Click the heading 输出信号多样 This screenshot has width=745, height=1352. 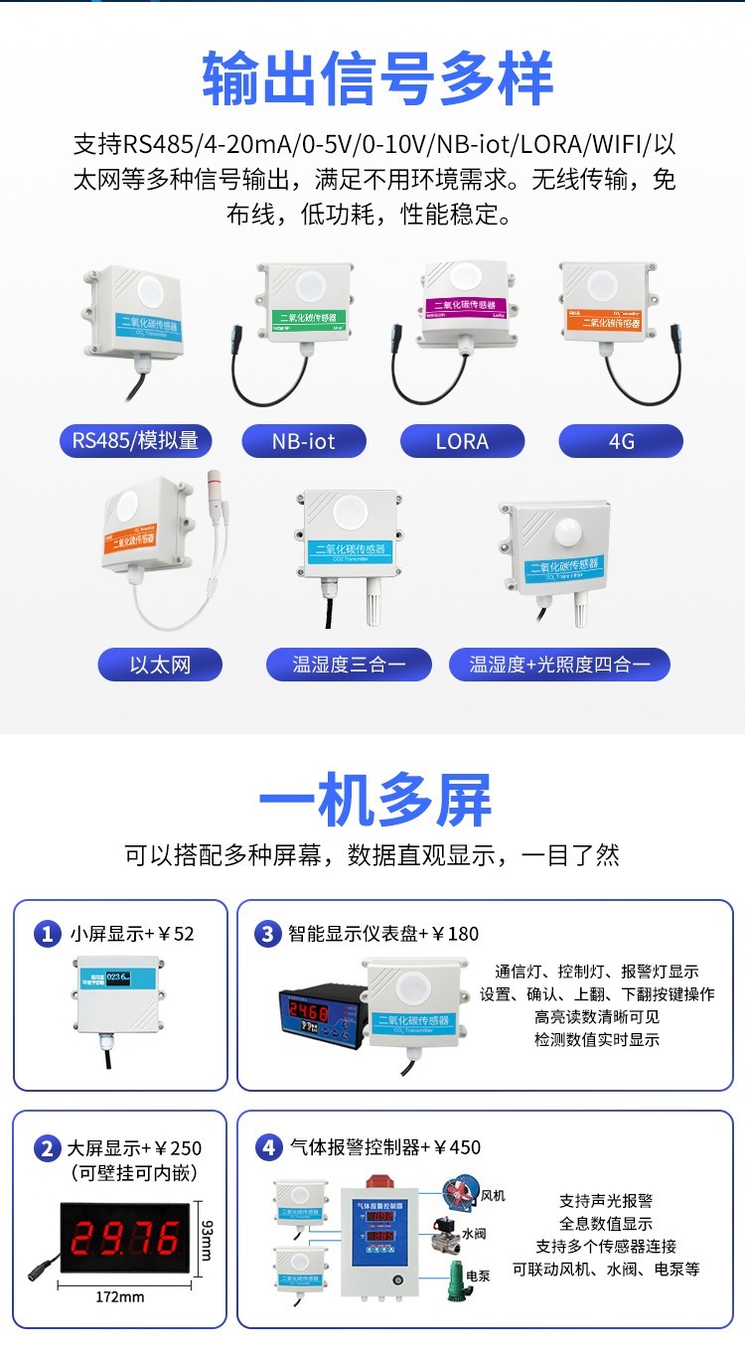point(377,79)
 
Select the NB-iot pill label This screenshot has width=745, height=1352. point(304,441)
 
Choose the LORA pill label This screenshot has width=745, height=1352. point(462,441)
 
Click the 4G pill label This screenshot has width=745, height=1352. point(621,441)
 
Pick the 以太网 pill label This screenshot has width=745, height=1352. point(159,665)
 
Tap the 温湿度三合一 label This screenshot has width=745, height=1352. point(349,665)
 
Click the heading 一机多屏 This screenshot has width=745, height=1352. point(374,802)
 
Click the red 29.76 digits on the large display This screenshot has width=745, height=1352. point(126,1238)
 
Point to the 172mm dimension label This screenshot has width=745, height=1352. point(119,1296)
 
